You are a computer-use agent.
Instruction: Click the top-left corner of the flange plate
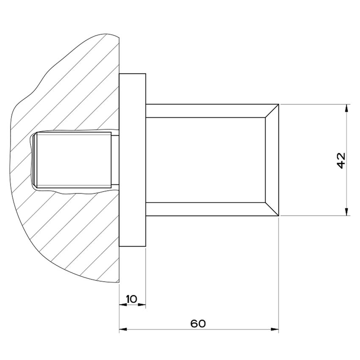pyautogui.click(x=119, y=74)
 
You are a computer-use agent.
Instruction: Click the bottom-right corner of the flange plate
pyautogui.click(x=146, y=246)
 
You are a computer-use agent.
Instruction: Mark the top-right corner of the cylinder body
pyautogui.click(x=279, y=104)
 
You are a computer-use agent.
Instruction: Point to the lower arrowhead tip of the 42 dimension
pyautogui.click(x=346, y=216)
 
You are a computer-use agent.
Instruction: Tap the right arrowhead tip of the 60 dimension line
pyautogui.click(x=279, y=329)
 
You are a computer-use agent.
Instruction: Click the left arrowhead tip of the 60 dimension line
pyautogui.click(x=119, y=329)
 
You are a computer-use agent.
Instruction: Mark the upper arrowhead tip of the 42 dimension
pyautogui.click(x=346, y=105)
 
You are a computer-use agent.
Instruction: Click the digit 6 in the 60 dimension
pyautogui.click(x=194, y=324)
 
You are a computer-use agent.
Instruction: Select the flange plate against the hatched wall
pyautogui.click(x=133, y=160)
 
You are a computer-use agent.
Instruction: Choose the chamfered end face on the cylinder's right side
pyautogui.click(x=272, y=160)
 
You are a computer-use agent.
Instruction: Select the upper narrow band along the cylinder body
pyautogui.click(x=205, y=111)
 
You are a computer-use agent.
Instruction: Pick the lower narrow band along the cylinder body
pyautogui.click(x=205, y=209)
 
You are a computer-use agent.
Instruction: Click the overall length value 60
pyautogui.click(x=198, y=324)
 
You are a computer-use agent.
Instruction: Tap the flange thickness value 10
pyautogui.click(x=132, y=299)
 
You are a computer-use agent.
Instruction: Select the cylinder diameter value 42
pyautogui.click(x=341, y=160)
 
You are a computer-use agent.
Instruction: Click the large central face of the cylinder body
pyautogui.click(x=205, y=160)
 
